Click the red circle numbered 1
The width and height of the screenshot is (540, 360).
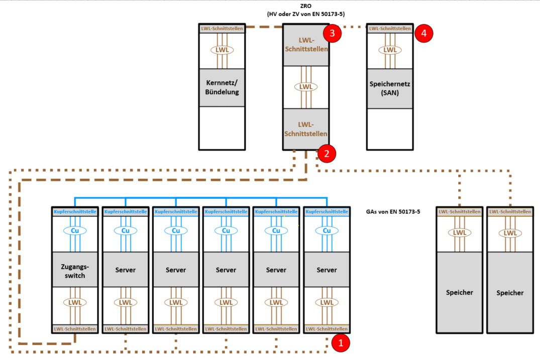(341, 343)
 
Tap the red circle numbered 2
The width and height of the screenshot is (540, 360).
(327, 154)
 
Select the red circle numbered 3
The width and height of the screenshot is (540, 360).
(332, 33)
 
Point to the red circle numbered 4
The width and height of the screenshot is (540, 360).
(423, 33)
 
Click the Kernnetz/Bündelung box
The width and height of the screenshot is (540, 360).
(222, 87)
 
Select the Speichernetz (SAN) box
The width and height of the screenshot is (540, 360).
(390, 88)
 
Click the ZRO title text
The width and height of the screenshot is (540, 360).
(306, 6)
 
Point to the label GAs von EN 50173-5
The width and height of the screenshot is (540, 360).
(393, 212)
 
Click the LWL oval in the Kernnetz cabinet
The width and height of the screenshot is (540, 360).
(222, 50)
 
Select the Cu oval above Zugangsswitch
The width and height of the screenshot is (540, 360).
(75, 230)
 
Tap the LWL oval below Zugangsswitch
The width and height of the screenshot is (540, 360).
(75, 303)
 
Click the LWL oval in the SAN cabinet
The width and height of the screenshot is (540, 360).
(390, 50)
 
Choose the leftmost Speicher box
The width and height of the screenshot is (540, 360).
(460, 292)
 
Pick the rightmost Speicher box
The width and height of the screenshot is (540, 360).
(510, 292)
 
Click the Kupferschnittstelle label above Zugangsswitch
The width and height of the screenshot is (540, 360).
(75, 212)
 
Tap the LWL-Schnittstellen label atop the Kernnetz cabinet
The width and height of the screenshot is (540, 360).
(222, 29)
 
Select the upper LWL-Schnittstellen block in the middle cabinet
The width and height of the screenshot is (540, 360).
(306, 45)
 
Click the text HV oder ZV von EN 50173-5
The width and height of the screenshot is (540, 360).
(306, 14)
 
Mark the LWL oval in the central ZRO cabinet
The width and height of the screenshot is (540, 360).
(306, 87)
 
